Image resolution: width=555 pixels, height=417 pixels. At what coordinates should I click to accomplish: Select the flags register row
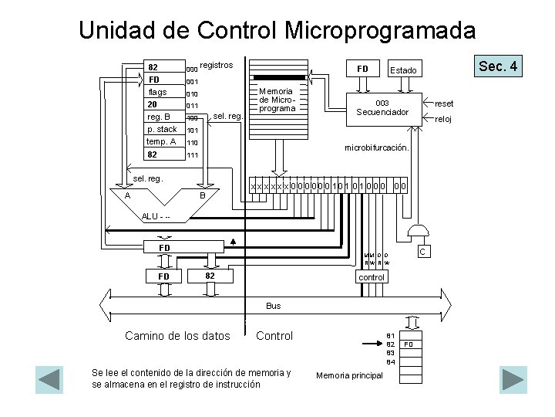click(157, 93)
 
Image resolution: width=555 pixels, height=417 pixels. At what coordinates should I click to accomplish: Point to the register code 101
click(193, 131)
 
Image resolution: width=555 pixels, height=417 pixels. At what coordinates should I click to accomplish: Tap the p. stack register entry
click(161, 130)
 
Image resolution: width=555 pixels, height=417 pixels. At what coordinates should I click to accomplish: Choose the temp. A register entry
click(161, 142)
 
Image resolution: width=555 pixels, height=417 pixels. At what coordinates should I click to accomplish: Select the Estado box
click(402, 70)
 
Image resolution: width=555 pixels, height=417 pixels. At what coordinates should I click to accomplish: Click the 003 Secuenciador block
click(382, 107)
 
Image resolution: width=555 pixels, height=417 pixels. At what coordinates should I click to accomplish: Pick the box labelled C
click(422, 252)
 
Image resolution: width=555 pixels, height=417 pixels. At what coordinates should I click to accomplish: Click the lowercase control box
click(372, 276)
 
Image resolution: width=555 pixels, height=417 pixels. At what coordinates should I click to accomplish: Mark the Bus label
click(274, 306)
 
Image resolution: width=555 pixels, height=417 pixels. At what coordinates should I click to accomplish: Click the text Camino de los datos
click(177, 335)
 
